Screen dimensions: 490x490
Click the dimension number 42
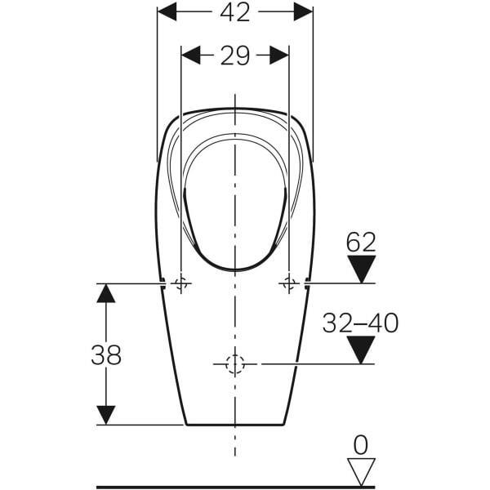235,12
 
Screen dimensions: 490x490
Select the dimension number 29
235,56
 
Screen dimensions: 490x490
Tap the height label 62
361,243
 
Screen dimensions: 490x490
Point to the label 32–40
360,323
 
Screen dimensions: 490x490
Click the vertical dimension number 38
106,355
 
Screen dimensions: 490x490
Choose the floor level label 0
361,445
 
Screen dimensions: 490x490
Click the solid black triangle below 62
362,269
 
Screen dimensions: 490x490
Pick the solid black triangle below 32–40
361,350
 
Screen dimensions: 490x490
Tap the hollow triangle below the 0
361,472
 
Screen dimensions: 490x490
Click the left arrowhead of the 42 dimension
167,11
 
